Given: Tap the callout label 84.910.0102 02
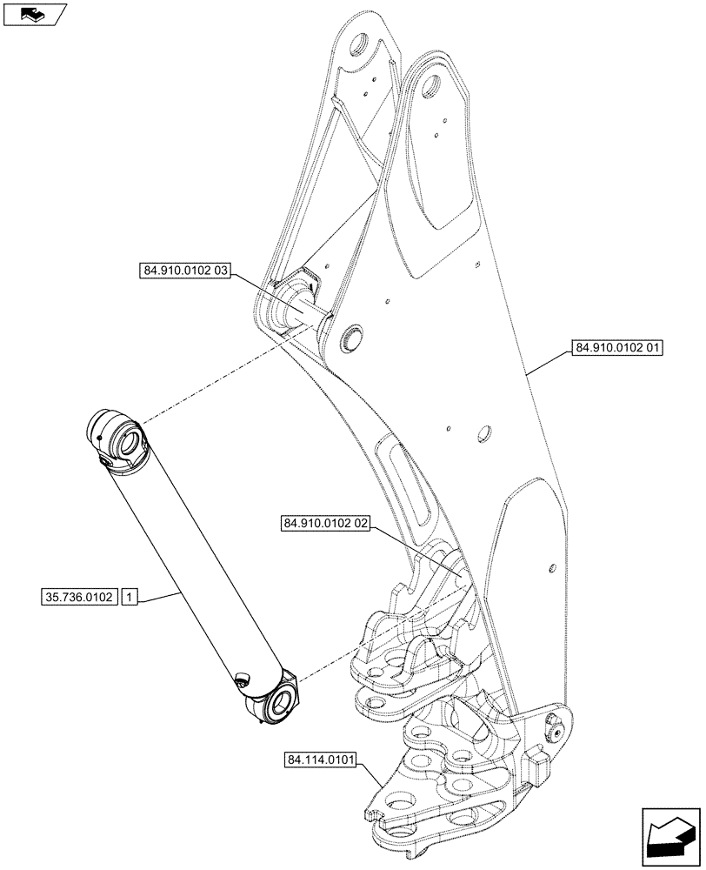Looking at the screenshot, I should tap(326, 524).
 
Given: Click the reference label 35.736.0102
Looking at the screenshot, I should tap(78, 598).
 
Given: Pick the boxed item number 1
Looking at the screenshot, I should tap(129, 598).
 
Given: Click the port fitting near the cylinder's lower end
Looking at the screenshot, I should tap(241, 679).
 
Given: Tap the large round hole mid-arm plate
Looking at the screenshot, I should tap(484, 432).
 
